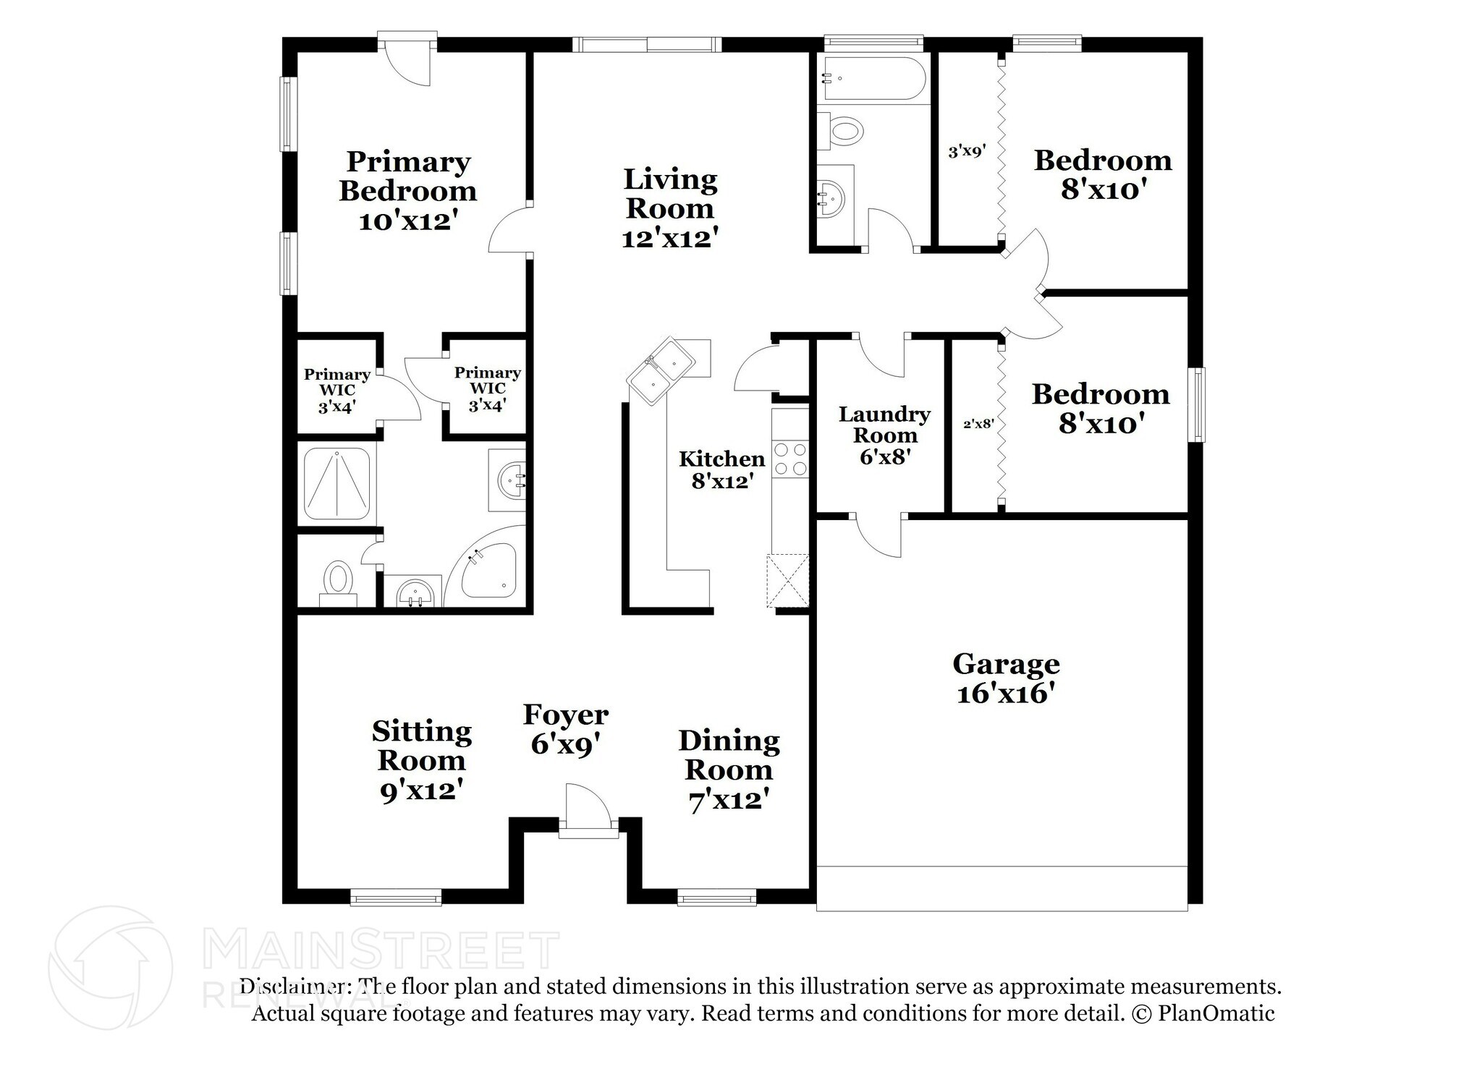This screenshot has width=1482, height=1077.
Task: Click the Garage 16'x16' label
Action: pos(1006,678)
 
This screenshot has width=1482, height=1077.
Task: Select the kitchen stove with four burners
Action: pos(789,459)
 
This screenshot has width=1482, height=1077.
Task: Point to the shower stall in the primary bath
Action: pos(336,484)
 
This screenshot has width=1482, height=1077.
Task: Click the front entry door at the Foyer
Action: pos(587,810)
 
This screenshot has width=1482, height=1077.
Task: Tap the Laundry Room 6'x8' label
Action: pos(884,435)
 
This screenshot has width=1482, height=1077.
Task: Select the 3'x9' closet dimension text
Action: pos(967,152)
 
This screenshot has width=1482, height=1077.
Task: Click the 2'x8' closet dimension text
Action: pos(978,425)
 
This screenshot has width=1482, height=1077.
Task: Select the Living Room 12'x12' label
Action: pos(670,208)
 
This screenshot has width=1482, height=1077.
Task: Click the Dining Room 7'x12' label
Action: pos(729,770)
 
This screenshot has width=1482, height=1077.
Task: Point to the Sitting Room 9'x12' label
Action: pos(422,760)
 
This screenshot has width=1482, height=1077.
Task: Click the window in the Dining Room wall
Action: pos(717,899)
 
